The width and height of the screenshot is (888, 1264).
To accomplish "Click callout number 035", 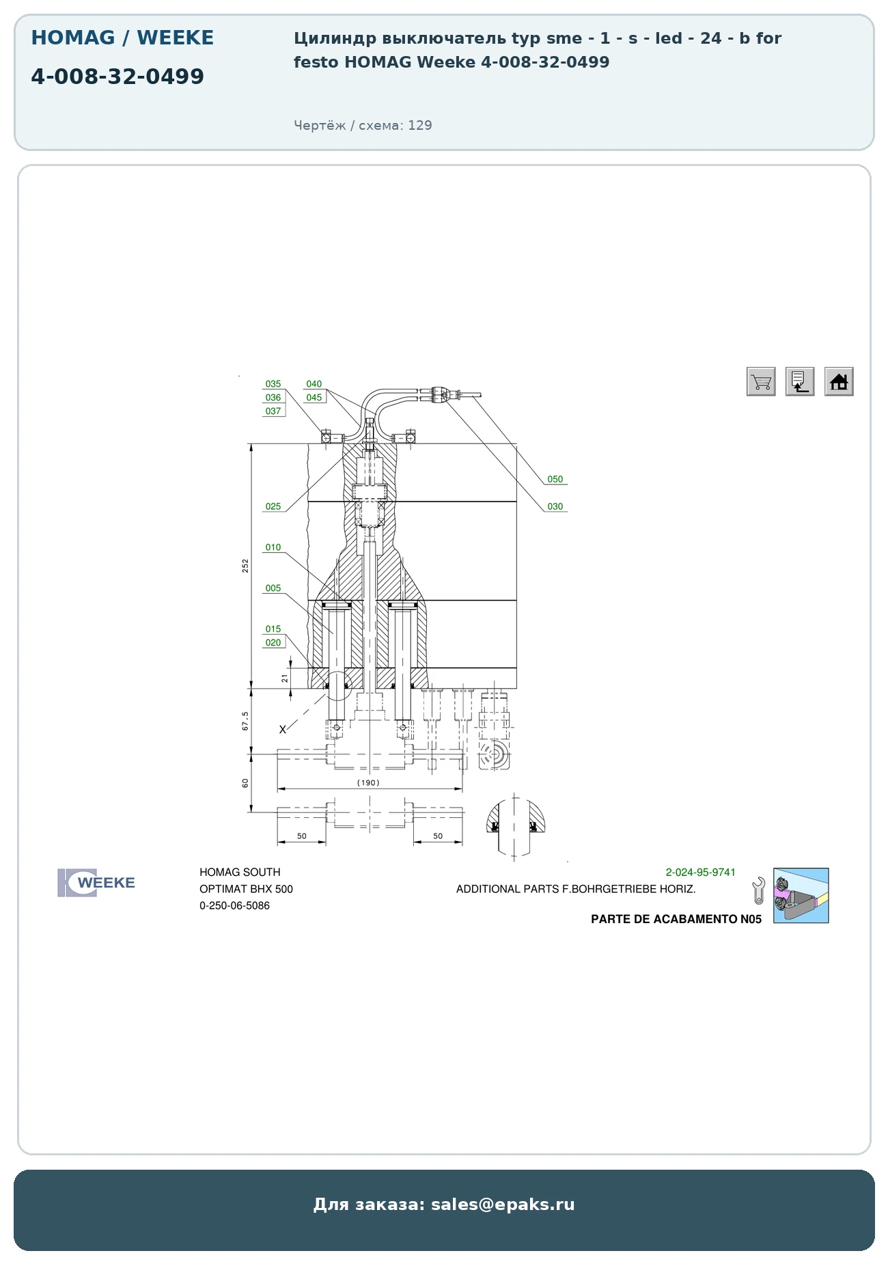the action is pos(273,384).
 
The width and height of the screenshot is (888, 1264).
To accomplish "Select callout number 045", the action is pos(314,398).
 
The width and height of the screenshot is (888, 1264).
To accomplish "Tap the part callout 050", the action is pos(555,480).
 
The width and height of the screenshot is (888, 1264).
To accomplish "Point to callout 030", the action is pos(555,507).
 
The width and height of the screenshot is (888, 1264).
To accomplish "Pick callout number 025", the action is pos(273,507).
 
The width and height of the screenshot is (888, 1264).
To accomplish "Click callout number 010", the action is pos(273,548).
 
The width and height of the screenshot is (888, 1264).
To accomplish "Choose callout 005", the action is pos(273,588).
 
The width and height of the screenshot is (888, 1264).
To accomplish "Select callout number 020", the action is pos(273,643).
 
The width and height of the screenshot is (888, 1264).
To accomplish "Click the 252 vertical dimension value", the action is pos(245,566).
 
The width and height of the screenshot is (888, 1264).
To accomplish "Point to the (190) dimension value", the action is pos(368,783).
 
